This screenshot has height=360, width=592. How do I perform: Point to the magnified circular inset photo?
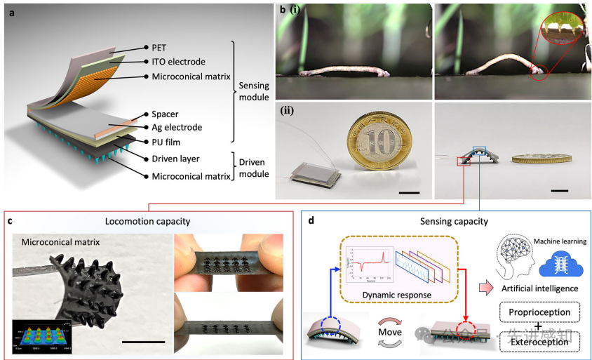point(560,29)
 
